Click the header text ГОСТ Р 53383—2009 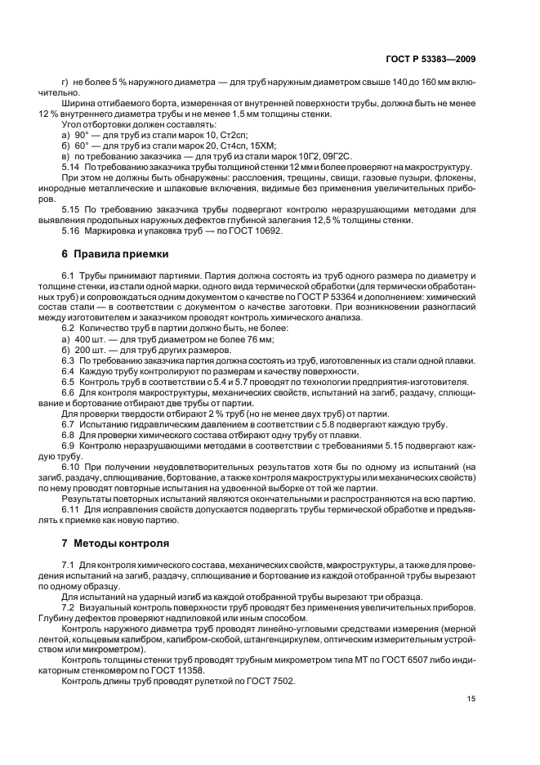coord(431,60)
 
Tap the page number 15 coord(471,698)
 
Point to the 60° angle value coord(81,145)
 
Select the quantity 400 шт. coord(92,338)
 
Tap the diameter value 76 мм coord(264,338)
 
